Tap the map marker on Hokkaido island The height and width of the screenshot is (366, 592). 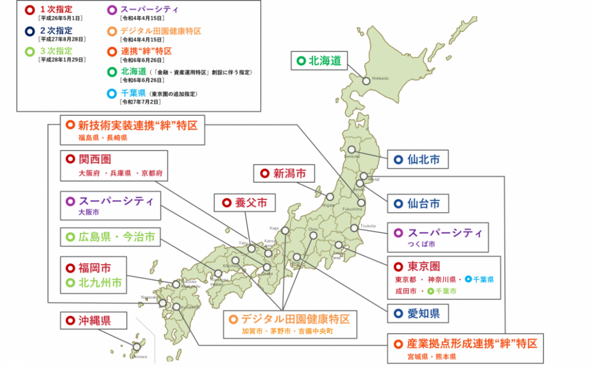point(366,82)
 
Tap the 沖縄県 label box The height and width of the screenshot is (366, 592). point(88,320)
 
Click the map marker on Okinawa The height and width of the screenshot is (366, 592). point(137,346)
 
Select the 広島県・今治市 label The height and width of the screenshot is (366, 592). point(110,236)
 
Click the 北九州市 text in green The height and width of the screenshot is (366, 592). point(100,283)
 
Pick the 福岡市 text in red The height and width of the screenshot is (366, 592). point(94,268)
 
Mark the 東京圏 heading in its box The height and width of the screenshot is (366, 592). point(424,267)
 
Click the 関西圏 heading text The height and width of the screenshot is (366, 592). point(94,159)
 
